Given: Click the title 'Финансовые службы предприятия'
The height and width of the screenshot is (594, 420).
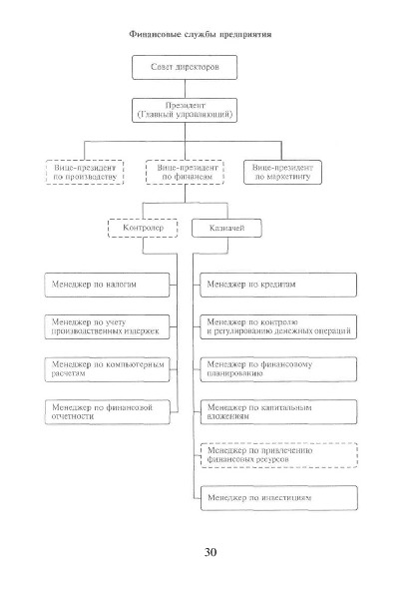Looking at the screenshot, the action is tap(201, 34).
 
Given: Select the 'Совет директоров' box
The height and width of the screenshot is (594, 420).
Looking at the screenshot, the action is tap(185, 68).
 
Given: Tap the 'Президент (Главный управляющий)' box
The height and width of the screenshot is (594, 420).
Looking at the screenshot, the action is tap(185, 110).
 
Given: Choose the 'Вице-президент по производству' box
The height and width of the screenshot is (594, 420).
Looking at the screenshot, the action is tap(85, 173).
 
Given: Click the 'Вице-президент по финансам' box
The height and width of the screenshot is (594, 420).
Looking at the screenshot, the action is tap(185, 173).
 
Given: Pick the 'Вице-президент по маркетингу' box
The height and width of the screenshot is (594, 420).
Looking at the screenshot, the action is tap(282, 173).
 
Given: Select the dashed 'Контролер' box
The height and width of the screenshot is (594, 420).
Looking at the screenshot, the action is tap(143, 228).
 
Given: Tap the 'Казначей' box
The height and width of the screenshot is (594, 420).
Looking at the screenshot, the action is tap(226, 228).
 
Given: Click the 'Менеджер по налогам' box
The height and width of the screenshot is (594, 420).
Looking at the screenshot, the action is tap(107, 285).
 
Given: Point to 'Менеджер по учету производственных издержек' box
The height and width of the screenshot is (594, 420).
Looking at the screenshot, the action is tap(107, 326).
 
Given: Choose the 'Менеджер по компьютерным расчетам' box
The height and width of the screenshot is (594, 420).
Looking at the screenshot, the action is tap(107, 369).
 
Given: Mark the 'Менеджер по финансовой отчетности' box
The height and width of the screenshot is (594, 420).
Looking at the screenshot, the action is tap(107, 411).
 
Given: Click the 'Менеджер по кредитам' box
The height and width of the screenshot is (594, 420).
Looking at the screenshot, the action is tap(278, 285).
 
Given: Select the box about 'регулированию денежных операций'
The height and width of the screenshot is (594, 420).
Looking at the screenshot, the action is tap(278, 326).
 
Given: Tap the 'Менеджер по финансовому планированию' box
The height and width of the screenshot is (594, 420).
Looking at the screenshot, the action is tap(278, 369).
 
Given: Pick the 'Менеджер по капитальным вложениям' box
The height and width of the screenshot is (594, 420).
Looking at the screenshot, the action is tap(278, 411).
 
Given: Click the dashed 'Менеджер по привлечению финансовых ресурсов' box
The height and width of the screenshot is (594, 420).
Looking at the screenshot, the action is tap(278, 455).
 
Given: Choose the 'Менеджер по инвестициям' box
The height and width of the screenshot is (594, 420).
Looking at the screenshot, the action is tap(278, 498).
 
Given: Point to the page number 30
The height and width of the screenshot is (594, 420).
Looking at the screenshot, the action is tap(210, 552).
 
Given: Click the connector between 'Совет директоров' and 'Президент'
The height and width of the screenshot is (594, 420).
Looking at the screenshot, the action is tap(185, 89).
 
